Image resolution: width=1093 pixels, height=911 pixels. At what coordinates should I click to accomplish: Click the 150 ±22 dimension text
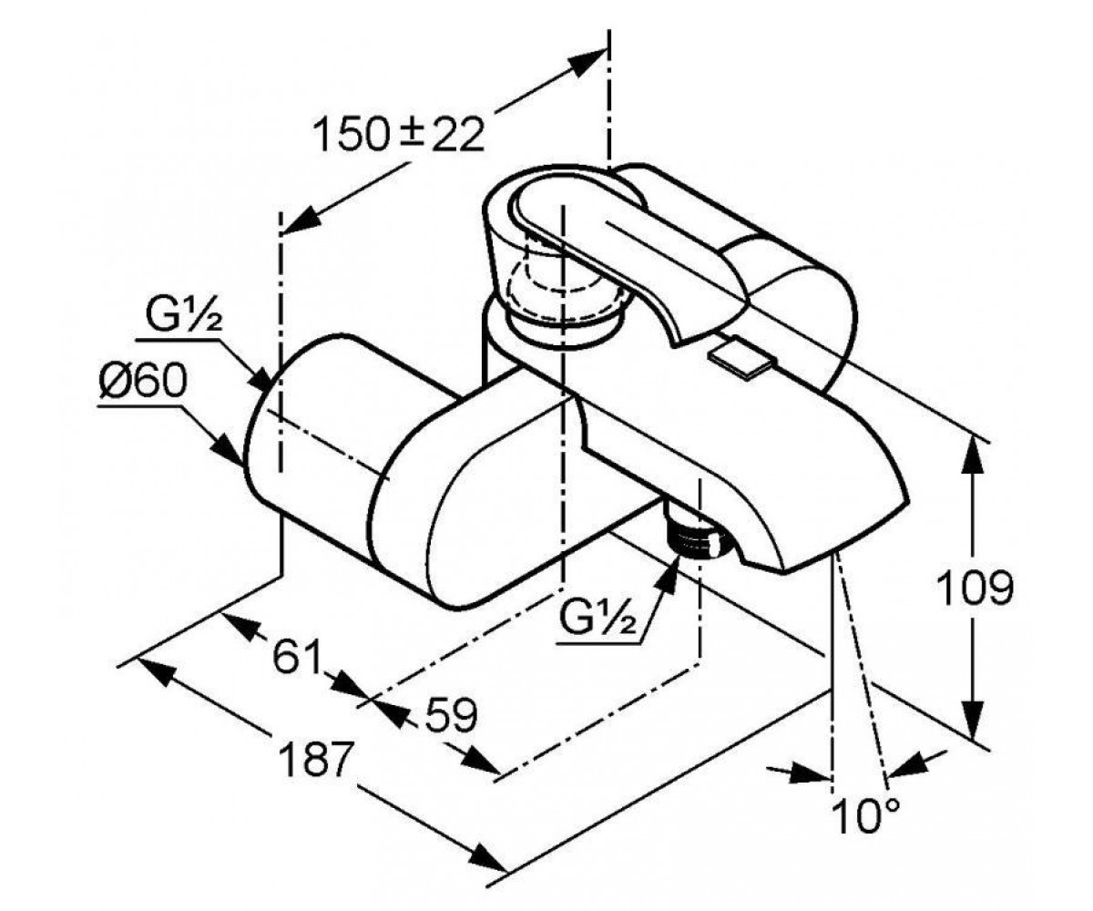click(x=398, y=135)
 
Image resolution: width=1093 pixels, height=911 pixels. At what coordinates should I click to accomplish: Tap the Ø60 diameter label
click(x=142, y=382)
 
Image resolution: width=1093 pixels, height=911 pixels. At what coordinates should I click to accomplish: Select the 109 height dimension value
click(x=975, y=588)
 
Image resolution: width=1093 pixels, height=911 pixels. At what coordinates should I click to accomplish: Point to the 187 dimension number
click(x=313, y=758)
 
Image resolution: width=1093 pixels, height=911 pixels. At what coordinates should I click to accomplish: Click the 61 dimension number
click(x=296, y=657)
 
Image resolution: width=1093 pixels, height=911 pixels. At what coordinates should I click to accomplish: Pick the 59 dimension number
click(x=451, y=715)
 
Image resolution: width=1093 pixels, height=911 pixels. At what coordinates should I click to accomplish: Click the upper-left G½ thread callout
click(x=184, y=314)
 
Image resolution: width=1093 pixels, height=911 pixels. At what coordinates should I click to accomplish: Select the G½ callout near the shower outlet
click(x=598, y=619)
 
